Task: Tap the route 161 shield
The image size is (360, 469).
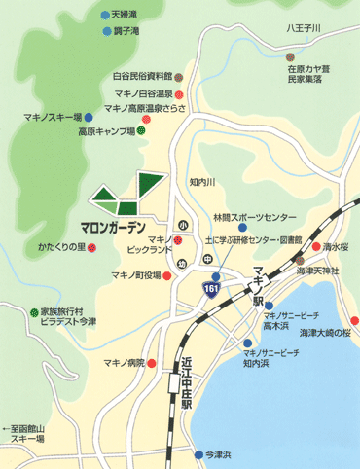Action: (x=211, y=289)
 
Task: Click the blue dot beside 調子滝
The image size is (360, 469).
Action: (x=106, y=32)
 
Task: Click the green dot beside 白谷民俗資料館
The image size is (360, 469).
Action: (x=179, y=75)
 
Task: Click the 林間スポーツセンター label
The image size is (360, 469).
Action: (x=255, y=216)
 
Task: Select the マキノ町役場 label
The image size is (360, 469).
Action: (x=132, y=275)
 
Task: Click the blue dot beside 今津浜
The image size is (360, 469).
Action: (x=196, y=452)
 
